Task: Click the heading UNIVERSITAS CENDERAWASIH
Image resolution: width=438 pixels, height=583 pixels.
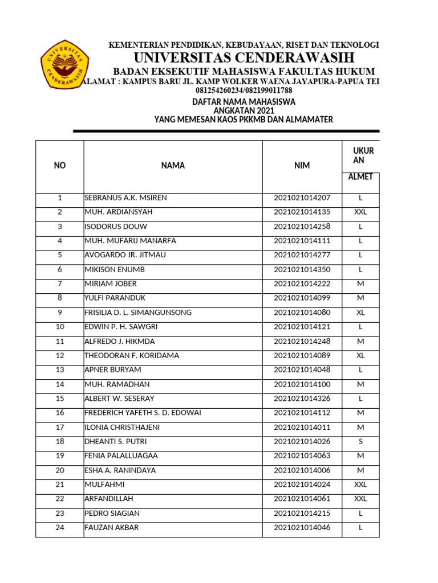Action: [244, 58]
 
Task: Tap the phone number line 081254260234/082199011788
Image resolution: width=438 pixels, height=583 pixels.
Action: [244, 91]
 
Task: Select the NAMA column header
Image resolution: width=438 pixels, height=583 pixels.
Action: [173, 166]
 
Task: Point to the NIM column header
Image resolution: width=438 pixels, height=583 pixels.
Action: [302, 166]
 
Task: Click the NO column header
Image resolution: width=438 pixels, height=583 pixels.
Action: [60, 166]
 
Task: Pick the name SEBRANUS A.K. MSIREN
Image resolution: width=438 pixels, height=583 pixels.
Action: [125, 198]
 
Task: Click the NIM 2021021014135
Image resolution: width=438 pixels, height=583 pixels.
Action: [302, 212]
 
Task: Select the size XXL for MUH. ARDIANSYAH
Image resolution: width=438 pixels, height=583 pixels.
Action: [360, 212]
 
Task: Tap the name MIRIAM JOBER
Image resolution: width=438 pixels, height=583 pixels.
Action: [111, 284]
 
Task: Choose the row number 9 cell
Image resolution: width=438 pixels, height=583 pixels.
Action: [60, 313]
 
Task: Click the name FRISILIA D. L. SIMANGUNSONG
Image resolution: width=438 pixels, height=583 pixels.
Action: [138, 313]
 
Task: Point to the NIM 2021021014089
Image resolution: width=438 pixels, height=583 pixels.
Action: [302, 356]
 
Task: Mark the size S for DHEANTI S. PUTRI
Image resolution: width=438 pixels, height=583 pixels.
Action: [360, 442]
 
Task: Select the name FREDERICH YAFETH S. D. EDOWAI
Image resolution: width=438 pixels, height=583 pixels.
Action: [143, 413]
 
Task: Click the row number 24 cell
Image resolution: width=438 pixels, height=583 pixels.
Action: [60, 528]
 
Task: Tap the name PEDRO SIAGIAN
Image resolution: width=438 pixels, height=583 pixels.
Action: [112, 514]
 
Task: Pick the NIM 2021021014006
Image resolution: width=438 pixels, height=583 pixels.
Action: [302, 470]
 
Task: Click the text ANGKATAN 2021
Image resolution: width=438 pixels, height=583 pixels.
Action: [244, 110]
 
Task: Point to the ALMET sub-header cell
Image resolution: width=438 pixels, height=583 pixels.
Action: [360, 177]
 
